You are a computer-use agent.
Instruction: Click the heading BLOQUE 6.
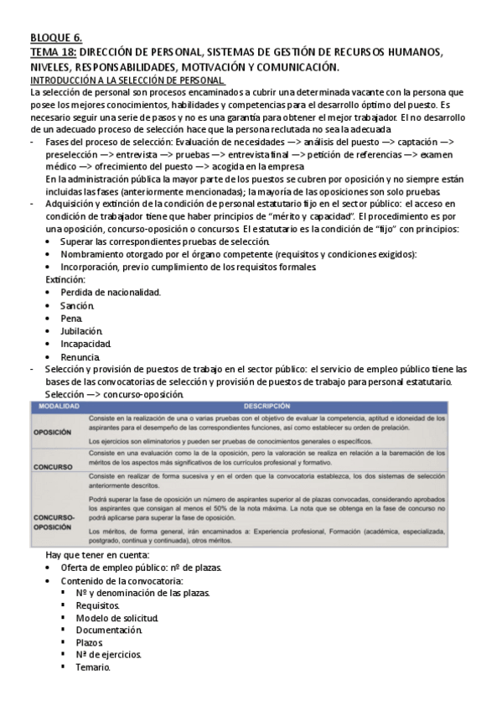(x=55, y=38)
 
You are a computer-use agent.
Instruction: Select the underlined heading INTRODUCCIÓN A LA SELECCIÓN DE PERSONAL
(x=127, y=79)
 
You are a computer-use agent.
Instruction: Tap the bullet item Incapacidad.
(x=85, y=344)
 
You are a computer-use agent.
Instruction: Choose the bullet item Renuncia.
(x=80, y=356)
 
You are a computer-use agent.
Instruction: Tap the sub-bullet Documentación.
(x=108, y=629)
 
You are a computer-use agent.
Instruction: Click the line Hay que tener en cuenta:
(x=97, y=554)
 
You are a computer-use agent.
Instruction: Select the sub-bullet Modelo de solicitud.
(x=116, y=616)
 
